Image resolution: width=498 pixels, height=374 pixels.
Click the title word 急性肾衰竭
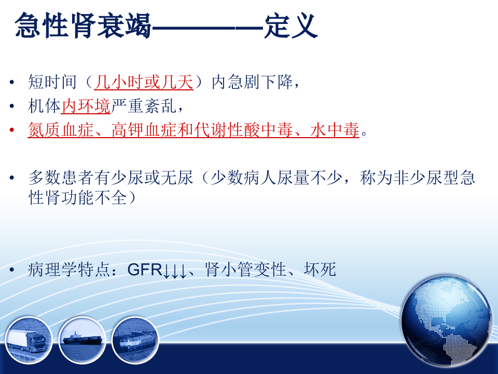tap(83, 25)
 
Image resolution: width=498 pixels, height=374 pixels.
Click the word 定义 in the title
tap(290, 25)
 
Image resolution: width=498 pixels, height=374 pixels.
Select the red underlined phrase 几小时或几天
tap(144, 83)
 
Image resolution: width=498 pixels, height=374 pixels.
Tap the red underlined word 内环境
tap(86, 106)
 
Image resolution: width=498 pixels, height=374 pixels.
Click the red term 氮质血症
tap(52, 131)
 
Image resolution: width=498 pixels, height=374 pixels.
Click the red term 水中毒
tap(335, 131)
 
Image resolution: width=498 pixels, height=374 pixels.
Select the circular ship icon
tap(82, 340)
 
